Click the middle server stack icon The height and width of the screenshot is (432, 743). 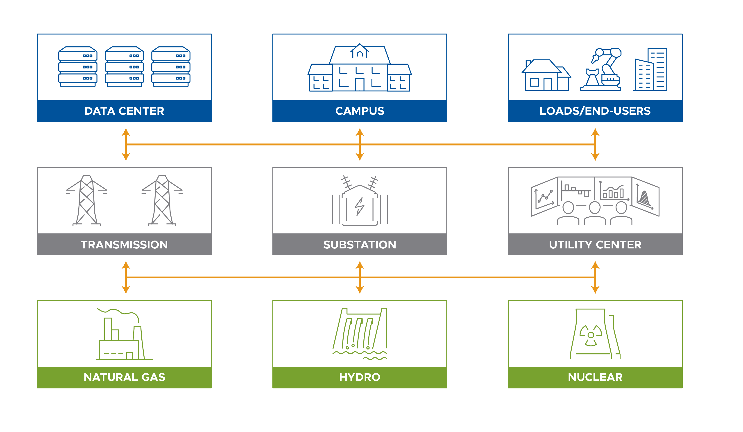[124, 67]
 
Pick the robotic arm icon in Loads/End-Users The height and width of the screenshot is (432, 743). [603, 70]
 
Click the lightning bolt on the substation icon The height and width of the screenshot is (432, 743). [359, 206]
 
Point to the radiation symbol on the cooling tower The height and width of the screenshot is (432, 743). [591, 335]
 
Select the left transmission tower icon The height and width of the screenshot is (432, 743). [86, 200]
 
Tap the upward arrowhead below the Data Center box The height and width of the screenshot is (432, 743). [126, 132]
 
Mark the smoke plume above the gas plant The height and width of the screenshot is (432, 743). [118, 312]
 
